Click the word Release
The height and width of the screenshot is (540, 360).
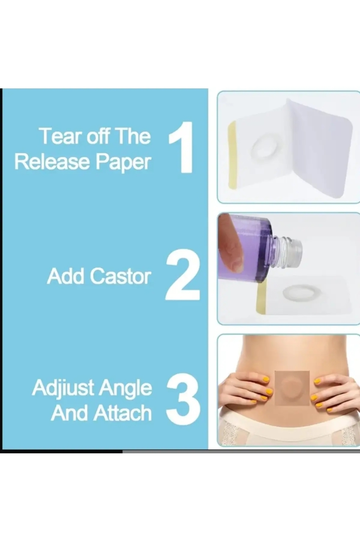53,162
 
